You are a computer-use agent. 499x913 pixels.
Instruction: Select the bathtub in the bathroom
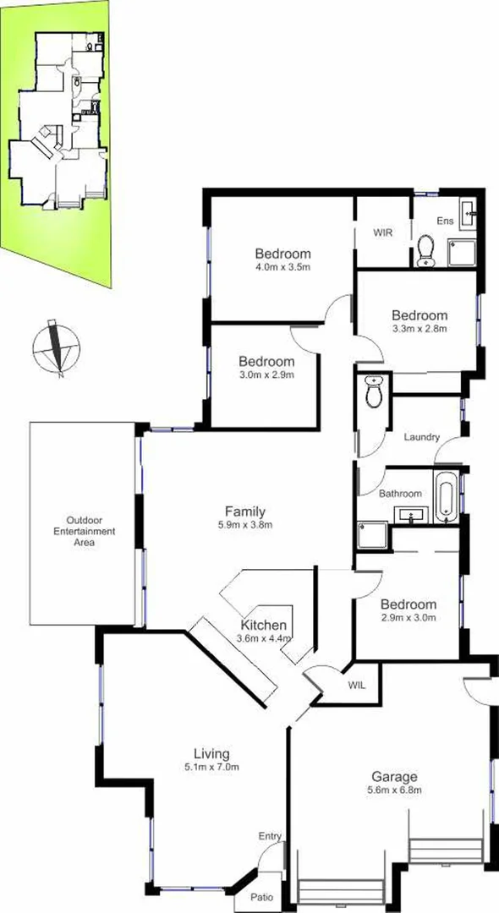(x=445, y=498)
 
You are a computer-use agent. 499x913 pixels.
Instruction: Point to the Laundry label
(x=421, y=437)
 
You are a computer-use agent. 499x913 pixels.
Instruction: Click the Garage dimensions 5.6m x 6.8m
(x=395, y=790)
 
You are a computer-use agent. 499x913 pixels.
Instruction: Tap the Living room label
(x=211, y=754)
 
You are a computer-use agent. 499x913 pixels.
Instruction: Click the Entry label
(x=270, y=836)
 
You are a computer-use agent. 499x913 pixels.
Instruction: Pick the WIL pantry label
(x=356, y=686)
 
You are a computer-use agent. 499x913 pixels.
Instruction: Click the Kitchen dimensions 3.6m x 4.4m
(x=263, y=639)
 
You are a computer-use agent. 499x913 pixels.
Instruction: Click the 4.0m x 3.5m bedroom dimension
(x=284, y=268)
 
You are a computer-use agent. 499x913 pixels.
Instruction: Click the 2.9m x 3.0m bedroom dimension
(x=409, y=618)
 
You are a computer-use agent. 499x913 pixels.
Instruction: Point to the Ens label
(x=445, y=221)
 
